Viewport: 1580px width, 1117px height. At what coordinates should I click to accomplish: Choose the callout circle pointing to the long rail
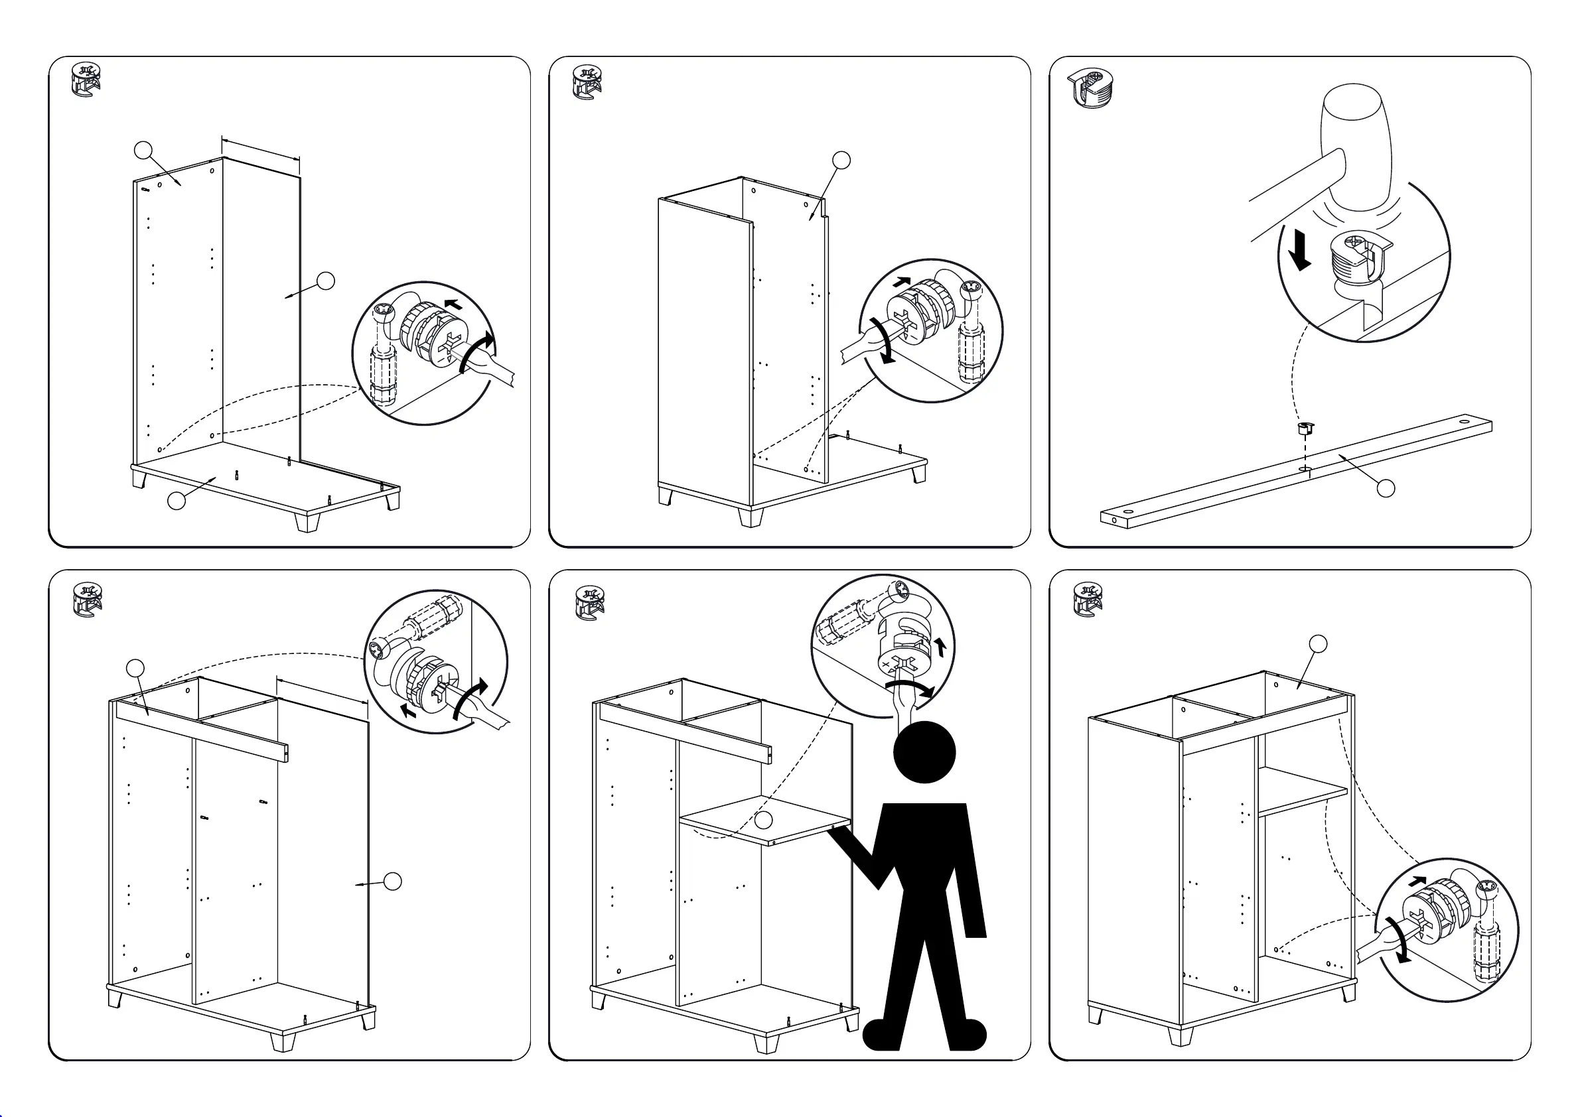click(1386, 488)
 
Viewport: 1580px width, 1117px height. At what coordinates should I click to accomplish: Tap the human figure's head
click(924, 752)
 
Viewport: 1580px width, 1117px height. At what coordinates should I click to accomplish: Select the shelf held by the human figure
click(764, 820)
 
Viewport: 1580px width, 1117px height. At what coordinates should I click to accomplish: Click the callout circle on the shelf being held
click(763, 819)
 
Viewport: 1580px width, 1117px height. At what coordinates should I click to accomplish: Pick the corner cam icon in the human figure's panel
click(590, 602)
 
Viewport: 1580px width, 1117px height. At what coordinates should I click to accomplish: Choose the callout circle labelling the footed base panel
click(177, 501)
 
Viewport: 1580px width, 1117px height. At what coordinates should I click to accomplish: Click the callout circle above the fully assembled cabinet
click(1318, 644)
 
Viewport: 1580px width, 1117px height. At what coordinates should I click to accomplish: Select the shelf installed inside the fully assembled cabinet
click(1301, 791)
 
